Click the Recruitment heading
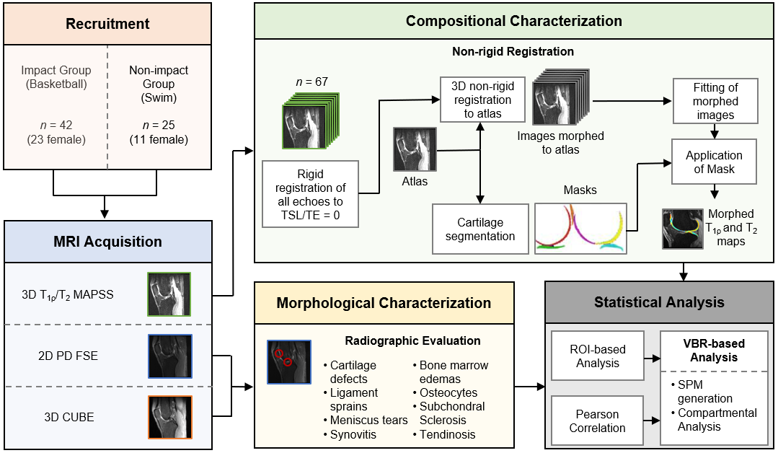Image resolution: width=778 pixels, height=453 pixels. (107, 24)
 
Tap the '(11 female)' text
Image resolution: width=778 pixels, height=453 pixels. (159, 139)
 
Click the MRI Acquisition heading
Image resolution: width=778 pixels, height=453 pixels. (107, 241)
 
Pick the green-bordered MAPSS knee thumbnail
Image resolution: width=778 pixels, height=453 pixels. (169, 294)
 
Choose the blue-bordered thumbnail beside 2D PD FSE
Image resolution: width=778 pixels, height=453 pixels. (169, 356)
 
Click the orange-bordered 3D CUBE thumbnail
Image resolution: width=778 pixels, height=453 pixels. (169, 417)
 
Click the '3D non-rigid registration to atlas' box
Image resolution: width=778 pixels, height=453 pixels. (481, 100)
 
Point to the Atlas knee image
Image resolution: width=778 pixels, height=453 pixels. (415, 149)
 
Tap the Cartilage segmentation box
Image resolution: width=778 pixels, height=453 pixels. (479, 228)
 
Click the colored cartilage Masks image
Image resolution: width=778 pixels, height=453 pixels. (580, 228)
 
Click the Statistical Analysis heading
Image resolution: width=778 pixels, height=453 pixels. (659, 302)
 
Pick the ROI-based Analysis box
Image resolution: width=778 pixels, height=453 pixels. (597, 356)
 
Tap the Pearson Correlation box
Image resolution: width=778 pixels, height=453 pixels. (597, 421)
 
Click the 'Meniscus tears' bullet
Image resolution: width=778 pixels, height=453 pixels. (358, 420)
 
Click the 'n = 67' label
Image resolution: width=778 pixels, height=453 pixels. (311, 82)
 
